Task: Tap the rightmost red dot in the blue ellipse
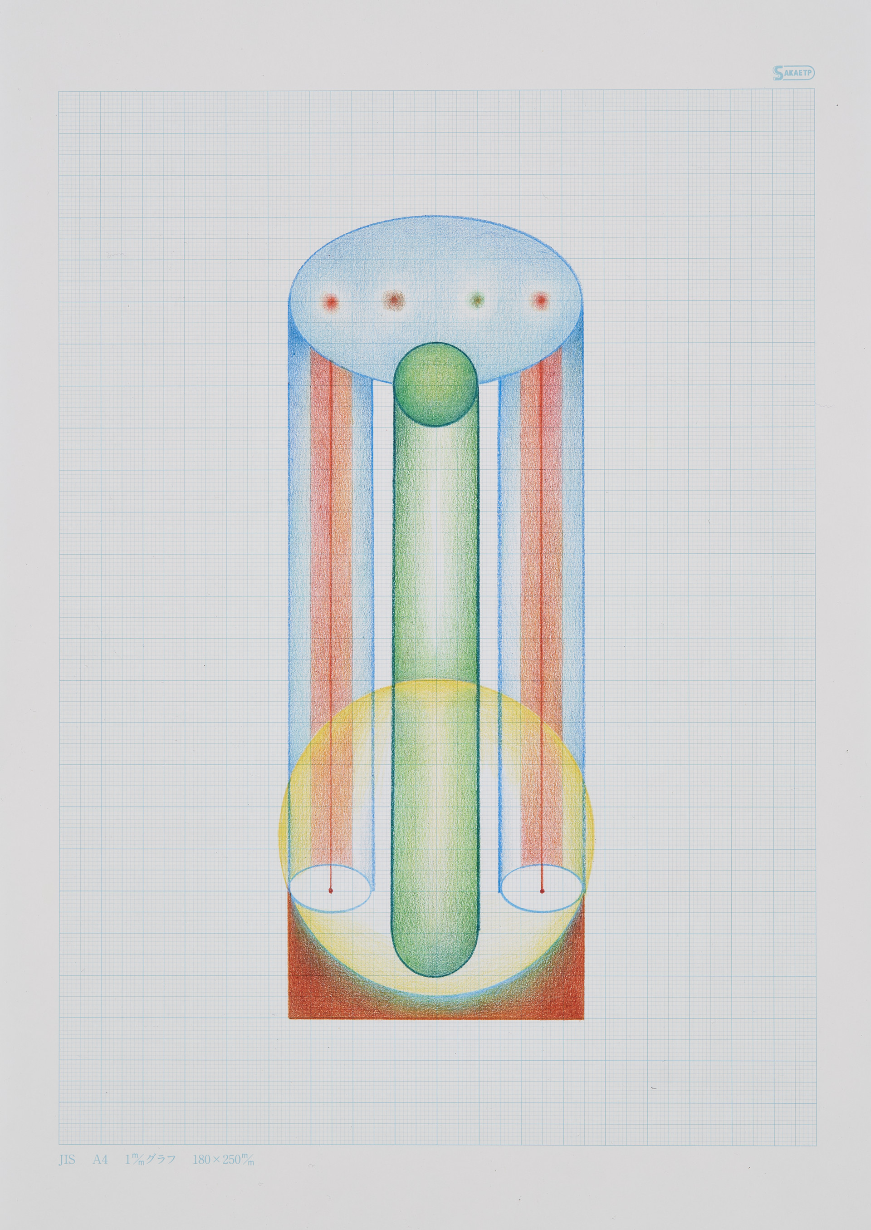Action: click(x=541, y=300)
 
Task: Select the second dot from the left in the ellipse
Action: click(x=393, y=300)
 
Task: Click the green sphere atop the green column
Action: click(x=435, y=385)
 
